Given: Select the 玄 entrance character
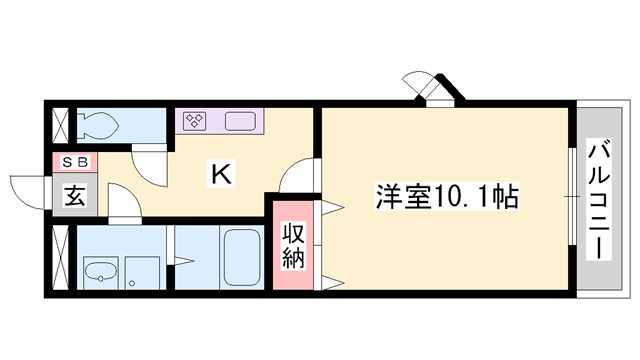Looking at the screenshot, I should (76, 195).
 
